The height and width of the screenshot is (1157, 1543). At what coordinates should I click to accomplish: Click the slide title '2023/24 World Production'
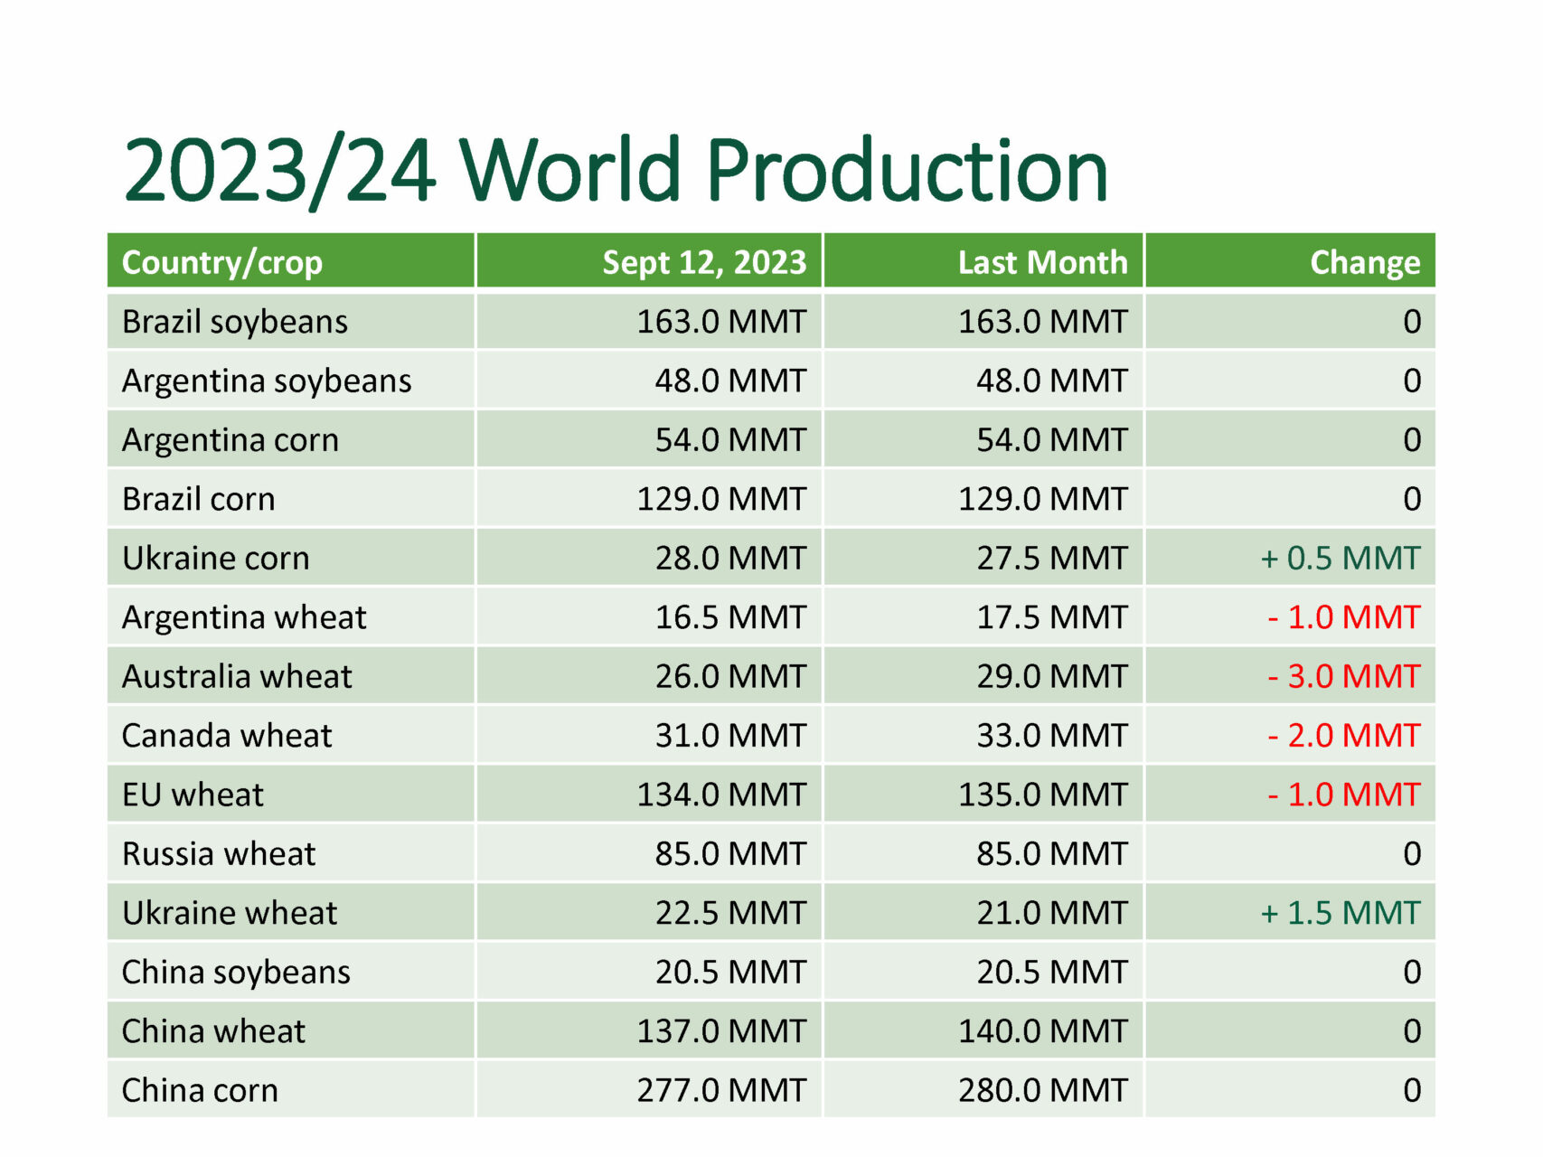616,170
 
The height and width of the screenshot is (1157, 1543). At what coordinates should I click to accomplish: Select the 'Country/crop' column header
222,263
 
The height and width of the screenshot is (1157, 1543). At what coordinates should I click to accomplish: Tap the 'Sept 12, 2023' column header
704,262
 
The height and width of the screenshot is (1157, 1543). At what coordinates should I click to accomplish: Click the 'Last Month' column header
1043,262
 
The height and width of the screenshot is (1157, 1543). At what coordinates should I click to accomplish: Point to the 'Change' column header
1365,263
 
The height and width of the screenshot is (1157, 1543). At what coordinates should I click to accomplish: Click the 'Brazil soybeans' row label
235,322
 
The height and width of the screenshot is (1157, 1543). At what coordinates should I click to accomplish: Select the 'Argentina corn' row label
231,440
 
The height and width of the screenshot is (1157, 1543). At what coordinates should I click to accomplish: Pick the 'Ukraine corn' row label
216,558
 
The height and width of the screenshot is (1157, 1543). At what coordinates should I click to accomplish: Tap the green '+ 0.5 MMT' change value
1341,558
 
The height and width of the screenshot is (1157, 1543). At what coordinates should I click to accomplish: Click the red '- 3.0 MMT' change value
1344,676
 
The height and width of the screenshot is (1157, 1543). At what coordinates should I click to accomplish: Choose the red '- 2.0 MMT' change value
1344,735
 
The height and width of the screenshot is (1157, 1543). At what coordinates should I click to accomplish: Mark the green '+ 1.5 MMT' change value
1341,913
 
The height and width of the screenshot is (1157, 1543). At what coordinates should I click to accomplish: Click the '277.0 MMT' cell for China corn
721,1090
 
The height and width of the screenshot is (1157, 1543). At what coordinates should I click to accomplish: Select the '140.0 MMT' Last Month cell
1043,1031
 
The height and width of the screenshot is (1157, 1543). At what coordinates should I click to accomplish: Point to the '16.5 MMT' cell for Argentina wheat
730,617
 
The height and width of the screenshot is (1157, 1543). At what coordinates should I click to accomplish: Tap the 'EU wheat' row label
193,795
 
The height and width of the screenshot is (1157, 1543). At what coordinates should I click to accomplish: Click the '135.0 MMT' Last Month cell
1043,795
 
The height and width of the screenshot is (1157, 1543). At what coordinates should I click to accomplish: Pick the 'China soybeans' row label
236,973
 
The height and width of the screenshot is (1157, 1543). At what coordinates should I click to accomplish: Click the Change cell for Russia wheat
1412,854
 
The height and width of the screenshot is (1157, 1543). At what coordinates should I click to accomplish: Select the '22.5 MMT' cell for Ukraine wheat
730,913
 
